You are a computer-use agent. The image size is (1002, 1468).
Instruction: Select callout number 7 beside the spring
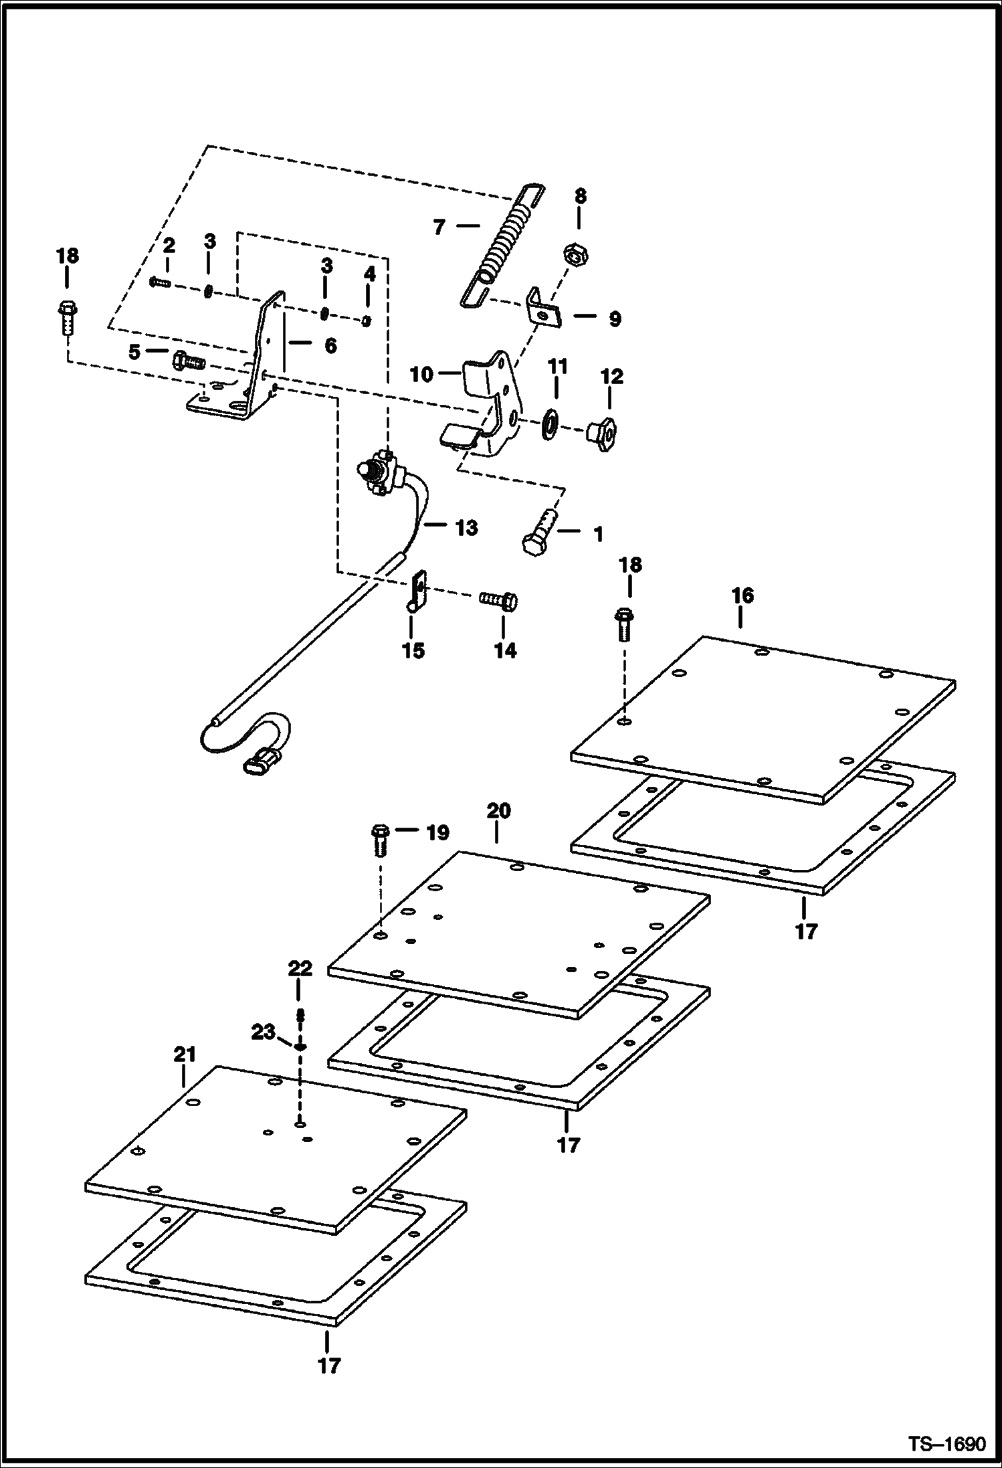click(x=439, y=227)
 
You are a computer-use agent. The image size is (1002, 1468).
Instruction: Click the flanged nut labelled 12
click(x=601, y=434)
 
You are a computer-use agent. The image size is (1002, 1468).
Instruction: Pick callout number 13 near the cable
click(x=466, y=528)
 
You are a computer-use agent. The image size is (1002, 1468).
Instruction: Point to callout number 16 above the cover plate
click(x=742, y=595)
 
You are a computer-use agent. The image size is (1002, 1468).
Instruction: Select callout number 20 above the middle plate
click(x=498, y=812)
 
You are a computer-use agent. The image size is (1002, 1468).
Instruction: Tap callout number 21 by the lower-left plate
click(x=185, y=1055)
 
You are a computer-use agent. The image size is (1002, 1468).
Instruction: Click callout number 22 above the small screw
click(x=300, y=968)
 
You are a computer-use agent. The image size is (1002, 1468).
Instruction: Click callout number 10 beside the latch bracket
click(x=421, y=375)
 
